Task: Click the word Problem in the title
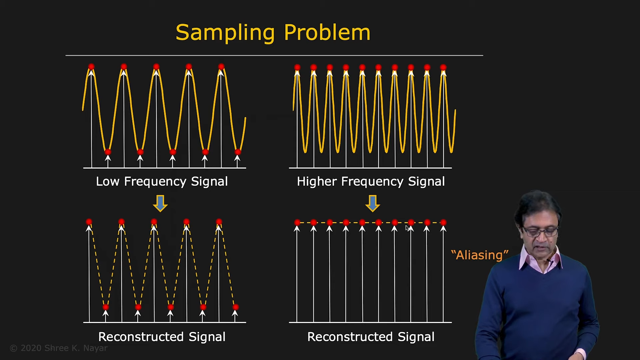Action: click(x=327, y=32)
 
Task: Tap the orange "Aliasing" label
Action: click(x=480, y=255)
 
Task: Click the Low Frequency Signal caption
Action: click(x=162, y=181)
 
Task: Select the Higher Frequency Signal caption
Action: click(x=371, y=181)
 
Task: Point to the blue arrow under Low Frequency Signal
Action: click(x=160, y=204)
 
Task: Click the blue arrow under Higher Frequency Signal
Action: click(x=373, y=204)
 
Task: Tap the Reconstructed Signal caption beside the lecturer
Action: click(x=371, y=337)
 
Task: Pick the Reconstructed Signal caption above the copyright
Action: click(x=162, y=337)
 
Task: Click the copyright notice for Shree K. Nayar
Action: click(x=59, y=348)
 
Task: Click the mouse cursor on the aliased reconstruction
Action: click(x=407, y=228)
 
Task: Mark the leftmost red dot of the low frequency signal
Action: click(x=91, y=67)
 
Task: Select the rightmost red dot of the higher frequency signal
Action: click(x=443, y=67)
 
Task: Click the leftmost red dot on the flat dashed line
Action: click(x=297, y=222)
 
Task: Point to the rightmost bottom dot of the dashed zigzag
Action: click(x=235, y=307)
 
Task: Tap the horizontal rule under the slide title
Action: click(x=274, y=55)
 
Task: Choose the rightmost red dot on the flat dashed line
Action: click(x=443, y=222)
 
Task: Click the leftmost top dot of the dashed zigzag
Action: click(x=89, y=222)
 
